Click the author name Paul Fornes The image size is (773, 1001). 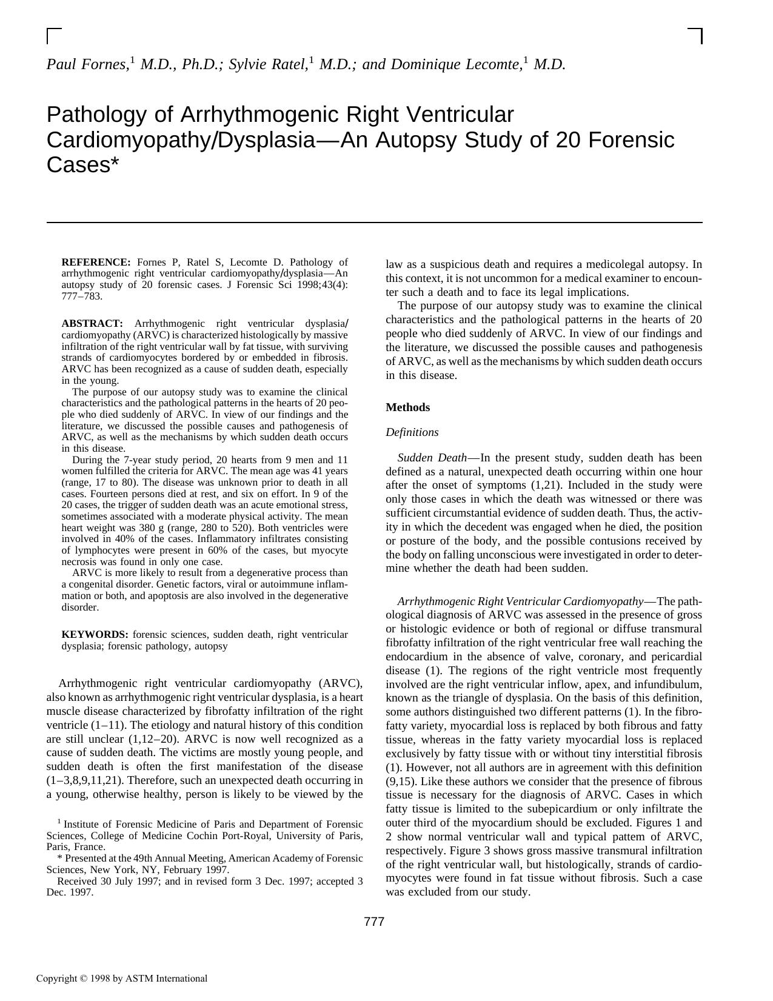pyautogui.click(x=86, y=64)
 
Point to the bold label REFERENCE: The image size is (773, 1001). pyautogui.click(x=96, y=263)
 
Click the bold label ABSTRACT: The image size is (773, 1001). pyautogui.click(x=92, y=324)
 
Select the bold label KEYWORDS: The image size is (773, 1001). pyautogui.click(x=95, y=635)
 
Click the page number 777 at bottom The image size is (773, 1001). pyautogui.click(x=374, y=922)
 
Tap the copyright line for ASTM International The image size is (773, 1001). pyautogui.click(x=121, y=978)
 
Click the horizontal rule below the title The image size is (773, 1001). pyautogui.click(x=374, y=223)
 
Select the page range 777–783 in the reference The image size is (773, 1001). pyautogui.click(x=82, y=296)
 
